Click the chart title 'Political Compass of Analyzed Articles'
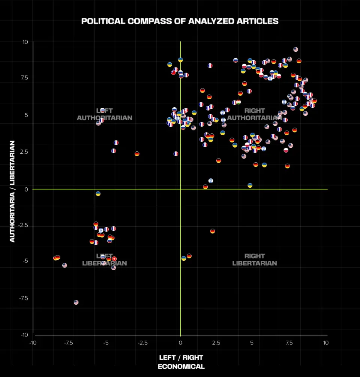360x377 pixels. point(180,21)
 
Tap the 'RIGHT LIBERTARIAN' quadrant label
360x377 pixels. point(254,259)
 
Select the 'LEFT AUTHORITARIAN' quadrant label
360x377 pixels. point(104,114)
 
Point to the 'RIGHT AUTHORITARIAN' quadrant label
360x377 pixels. point(254,114)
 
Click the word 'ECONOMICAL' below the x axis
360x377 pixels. point(181,367)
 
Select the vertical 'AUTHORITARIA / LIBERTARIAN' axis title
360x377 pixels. point(12,191)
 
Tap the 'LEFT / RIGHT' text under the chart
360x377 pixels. point(181,358)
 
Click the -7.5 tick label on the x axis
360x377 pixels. point(68,343)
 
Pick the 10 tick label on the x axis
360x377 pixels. point(325,343)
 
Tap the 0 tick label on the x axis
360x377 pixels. point(180,343)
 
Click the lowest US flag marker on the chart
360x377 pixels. point(76,302)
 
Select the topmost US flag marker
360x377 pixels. point(295,49)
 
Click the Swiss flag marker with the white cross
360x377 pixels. point(114,259)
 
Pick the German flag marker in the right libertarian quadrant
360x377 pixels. point(213,231)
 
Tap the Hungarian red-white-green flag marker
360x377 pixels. point(238,102)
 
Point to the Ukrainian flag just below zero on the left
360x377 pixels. point(98,194)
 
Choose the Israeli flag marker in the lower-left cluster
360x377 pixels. point(101,230)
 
